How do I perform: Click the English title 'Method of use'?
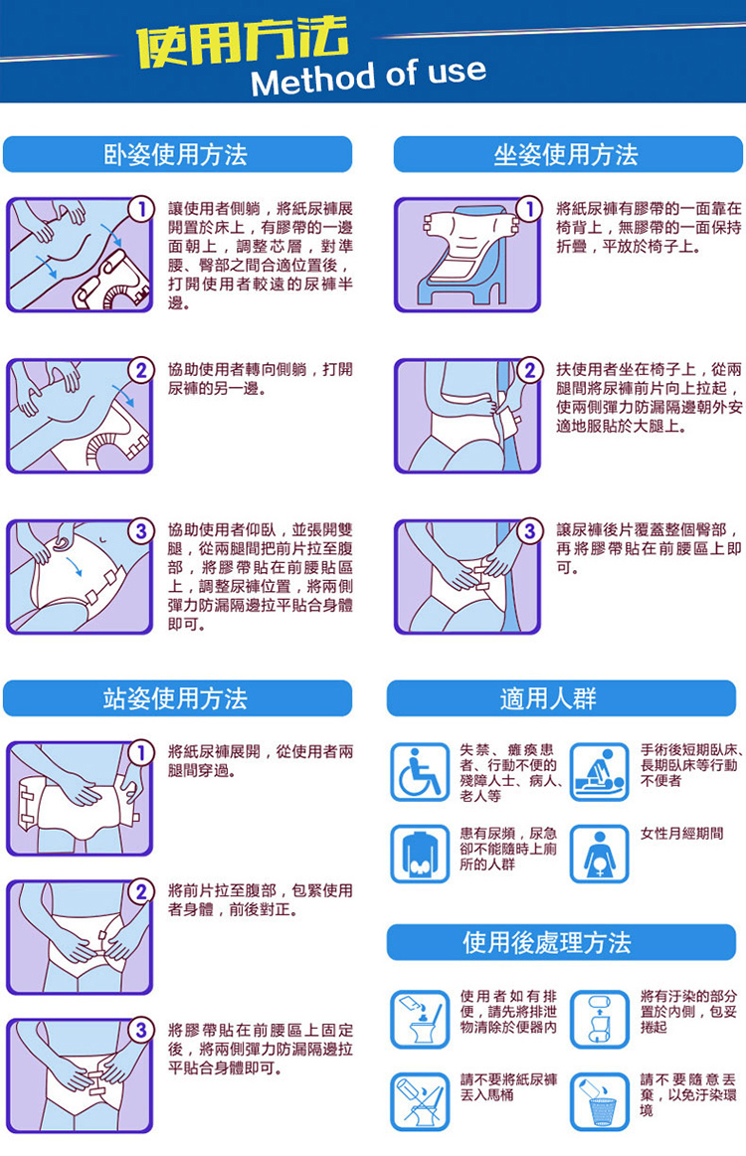click(x=369, y=78)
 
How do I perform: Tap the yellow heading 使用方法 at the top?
click(x=242, y=42)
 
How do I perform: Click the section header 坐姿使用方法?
click(x=566, y=155)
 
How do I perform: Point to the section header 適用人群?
click(x=548, y=698)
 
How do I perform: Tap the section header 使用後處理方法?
click(x=547, y=942)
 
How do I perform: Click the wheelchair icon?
click(x=420, y=772)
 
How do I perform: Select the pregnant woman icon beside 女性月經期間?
click(x=600, y=854)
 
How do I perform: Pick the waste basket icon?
click(x=600, y=1101)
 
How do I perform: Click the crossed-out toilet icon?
click(x=420, y=1101)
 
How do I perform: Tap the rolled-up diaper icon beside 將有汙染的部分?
click(x=600, y=1019)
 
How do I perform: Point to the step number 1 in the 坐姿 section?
click(x=529, y=209)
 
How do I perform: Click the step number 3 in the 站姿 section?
click(x=141, y=1031)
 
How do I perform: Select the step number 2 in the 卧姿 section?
click(x=141, y=370)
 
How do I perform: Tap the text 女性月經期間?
click(x=682, y=834)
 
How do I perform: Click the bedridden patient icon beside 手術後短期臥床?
click(x=600, y=772)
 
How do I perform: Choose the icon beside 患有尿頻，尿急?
click(x=420, y=854)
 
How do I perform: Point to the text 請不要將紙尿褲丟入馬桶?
click(x=508, y=1087)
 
